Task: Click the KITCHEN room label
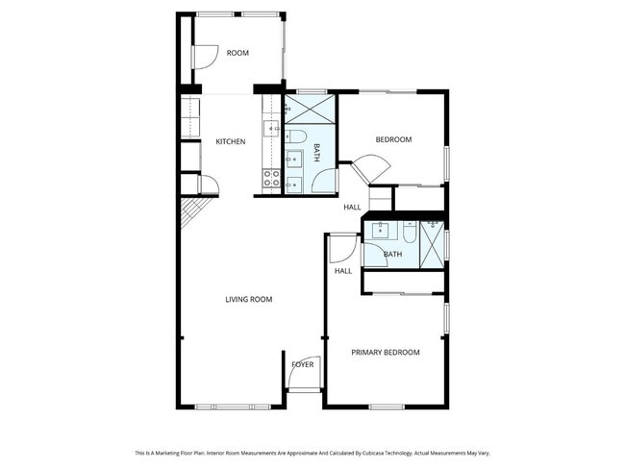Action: coord(230,142)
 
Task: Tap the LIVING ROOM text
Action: coord(248,300)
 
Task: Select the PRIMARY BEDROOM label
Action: coord(385,353)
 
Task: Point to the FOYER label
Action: coord(303,364)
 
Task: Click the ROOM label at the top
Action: coord(237,54)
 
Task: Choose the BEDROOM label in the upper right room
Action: coord(392,140)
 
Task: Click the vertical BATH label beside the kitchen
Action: coord(317,152)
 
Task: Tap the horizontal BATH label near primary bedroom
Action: coord(392,255)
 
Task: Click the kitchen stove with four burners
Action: coord(272,178)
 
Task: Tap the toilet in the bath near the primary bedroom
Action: coord(410,232)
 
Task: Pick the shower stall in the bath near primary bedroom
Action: coord(434,241)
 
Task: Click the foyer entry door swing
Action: coord(301,380)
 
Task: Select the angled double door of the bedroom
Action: coord(367,171)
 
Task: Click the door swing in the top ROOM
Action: coord(204,58)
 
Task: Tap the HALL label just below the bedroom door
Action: coord(353,208)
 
